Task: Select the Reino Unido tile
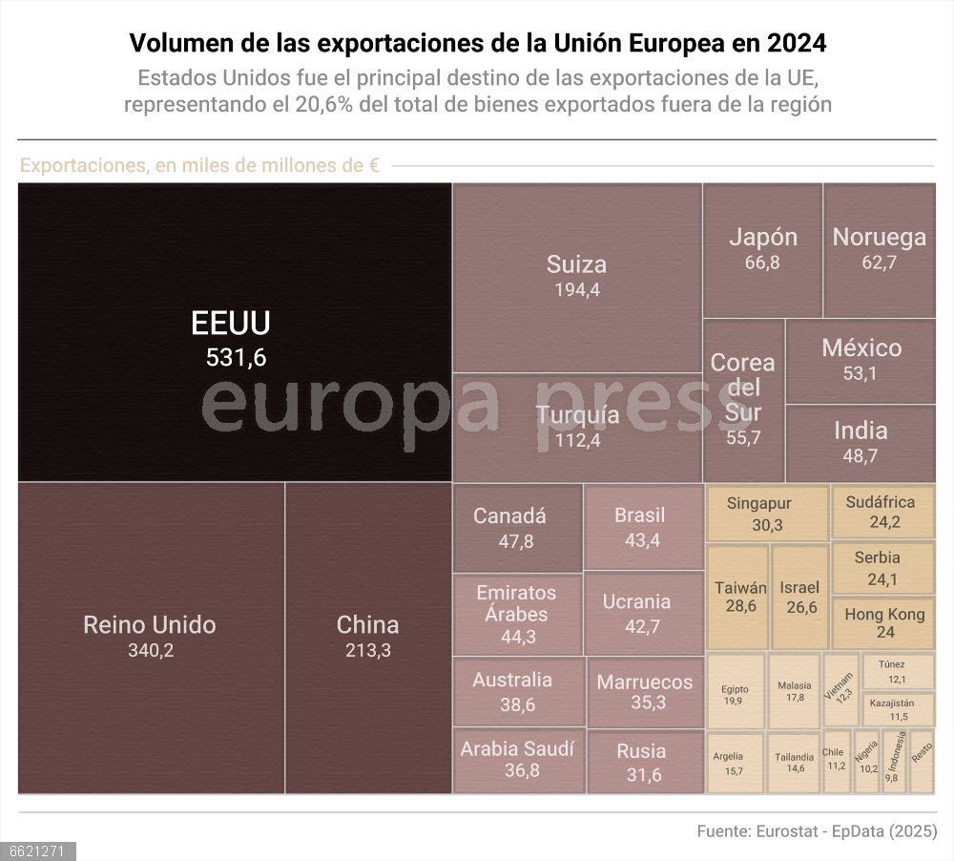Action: [150, 637]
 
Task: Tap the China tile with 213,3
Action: [368, 637]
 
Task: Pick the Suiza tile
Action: [577, 276]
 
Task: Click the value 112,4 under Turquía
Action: [577, 440]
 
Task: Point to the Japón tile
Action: [762, 249]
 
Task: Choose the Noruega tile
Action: [879, 249]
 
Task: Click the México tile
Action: [861, 360]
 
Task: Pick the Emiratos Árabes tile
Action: [517, 614]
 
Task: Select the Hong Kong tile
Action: [884, 622]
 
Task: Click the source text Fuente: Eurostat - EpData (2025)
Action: [817, 830]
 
